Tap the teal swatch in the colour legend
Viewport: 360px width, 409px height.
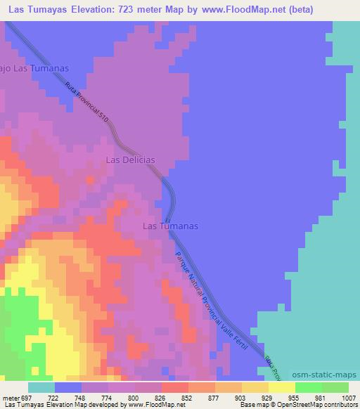coord(41,387)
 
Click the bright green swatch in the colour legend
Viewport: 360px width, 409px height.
coord(309,387)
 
